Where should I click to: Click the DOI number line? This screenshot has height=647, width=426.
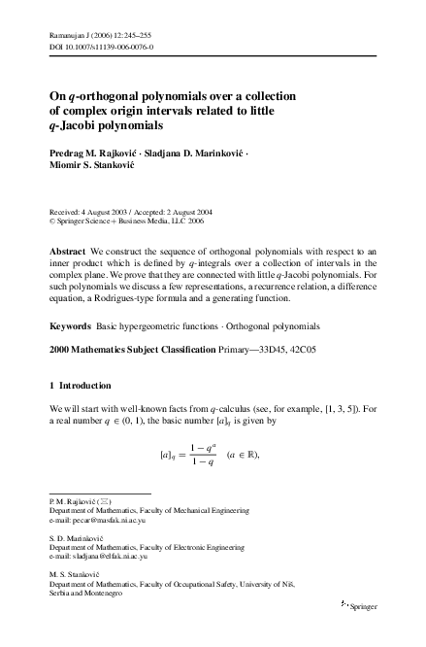tap(96, 45)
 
